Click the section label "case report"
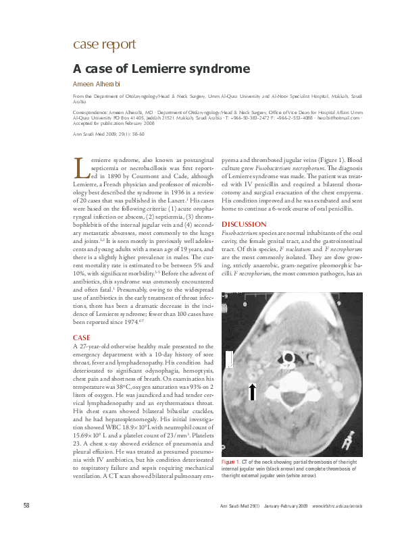[x=104, y=45]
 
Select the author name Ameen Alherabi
[x=101, y=84]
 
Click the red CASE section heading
[x=81, y=336]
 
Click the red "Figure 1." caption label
[x=230, y=461]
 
